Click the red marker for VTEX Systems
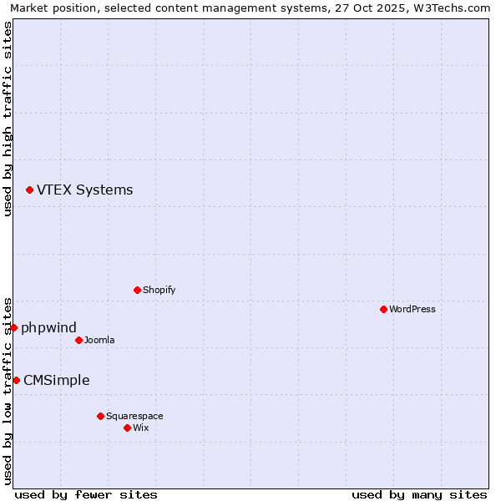[x=29, y=190]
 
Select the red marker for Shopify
[x=137, y=290]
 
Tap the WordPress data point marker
[x=383, y=309]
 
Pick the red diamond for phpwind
[x=13, y=327]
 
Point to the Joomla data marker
[x=78, y=340]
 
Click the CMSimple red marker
[x=16, y=380]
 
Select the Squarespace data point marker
[x=100, y=416]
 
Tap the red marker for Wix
[x=127, y=428]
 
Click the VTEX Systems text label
[x=84, y=190]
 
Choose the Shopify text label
[x=159, y=290]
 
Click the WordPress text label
[x=412, y=309]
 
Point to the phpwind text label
[x=48, y=327]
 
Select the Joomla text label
[x=99, y=340]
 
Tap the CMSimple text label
[x=56, y=380]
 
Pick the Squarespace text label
[x=134, y=416]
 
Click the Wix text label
[x=140, y=428]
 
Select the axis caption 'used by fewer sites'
[x=86, y=494]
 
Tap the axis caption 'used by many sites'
[x=419, y=494]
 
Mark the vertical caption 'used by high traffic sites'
[x=8, y=119]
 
